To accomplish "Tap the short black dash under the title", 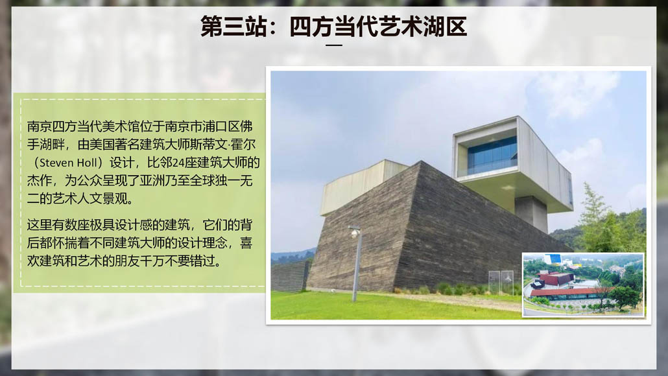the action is pyautogui.click(x=334, y=45).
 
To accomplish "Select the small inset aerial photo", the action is pyautogui.click(x=583, y=285).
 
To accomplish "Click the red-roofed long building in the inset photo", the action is pyautogui.click(x=571, y=292).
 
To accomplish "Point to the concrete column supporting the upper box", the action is pyautogui.click(x=531, y=212).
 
